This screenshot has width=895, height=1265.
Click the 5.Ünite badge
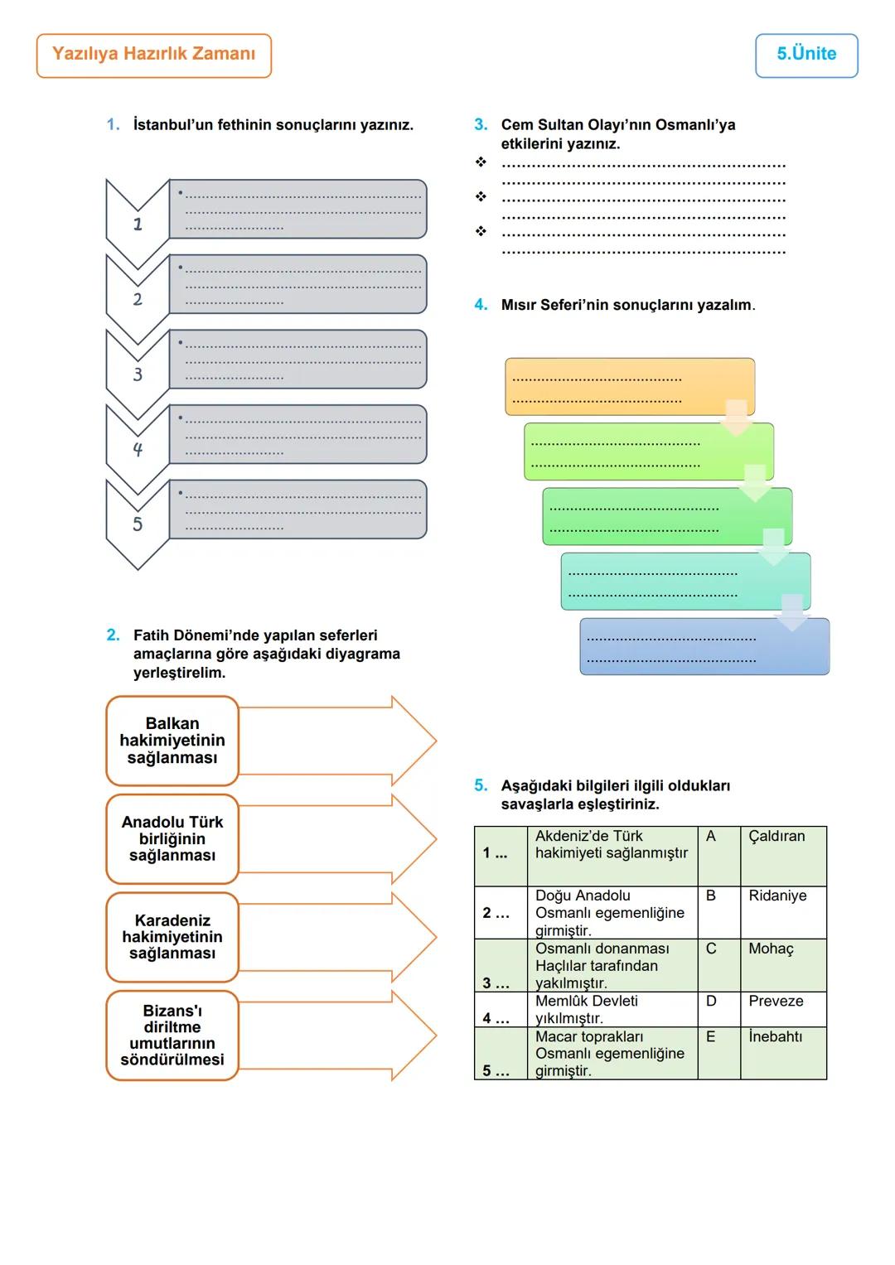[x=806, y=55]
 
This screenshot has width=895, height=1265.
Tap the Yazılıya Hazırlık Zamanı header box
[x=154, y=55]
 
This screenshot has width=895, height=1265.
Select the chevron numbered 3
[x=138, y=374]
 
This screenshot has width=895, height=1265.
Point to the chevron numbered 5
[x=138, y=524]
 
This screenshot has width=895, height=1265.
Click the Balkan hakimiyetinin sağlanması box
[x=172, y=741]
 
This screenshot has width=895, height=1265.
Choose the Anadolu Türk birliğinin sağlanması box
[x=172, y=839]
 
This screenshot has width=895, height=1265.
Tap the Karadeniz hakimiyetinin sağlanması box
[x=172, y=937]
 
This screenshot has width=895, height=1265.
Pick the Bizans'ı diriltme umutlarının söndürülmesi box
[x=172, y=1036]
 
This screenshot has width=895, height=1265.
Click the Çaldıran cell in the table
[x=782, y=855]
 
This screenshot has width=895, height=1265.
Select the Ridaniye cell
[x=782, y=911]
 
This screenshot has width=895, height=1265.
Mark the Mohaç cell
[x=782, y=964]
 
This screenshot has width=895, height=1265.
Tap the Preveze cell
[x=782, y=1009]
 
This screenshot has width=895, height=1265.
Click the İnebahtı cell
[x=782, y=1052]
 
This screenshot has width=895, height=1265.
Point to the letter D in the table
[x=711, y=1002]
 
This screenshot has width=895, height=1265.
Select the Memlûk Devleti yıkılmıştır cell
[x=612, y=1009]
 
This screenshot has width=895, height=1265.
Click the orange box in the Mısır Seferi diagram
[x=629, y=386]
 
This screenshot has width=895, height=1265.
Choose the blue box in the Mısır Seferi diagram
[x=704, y=647]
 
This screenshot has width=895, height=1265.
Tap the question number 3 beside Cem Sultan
[x=481, y=125]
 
